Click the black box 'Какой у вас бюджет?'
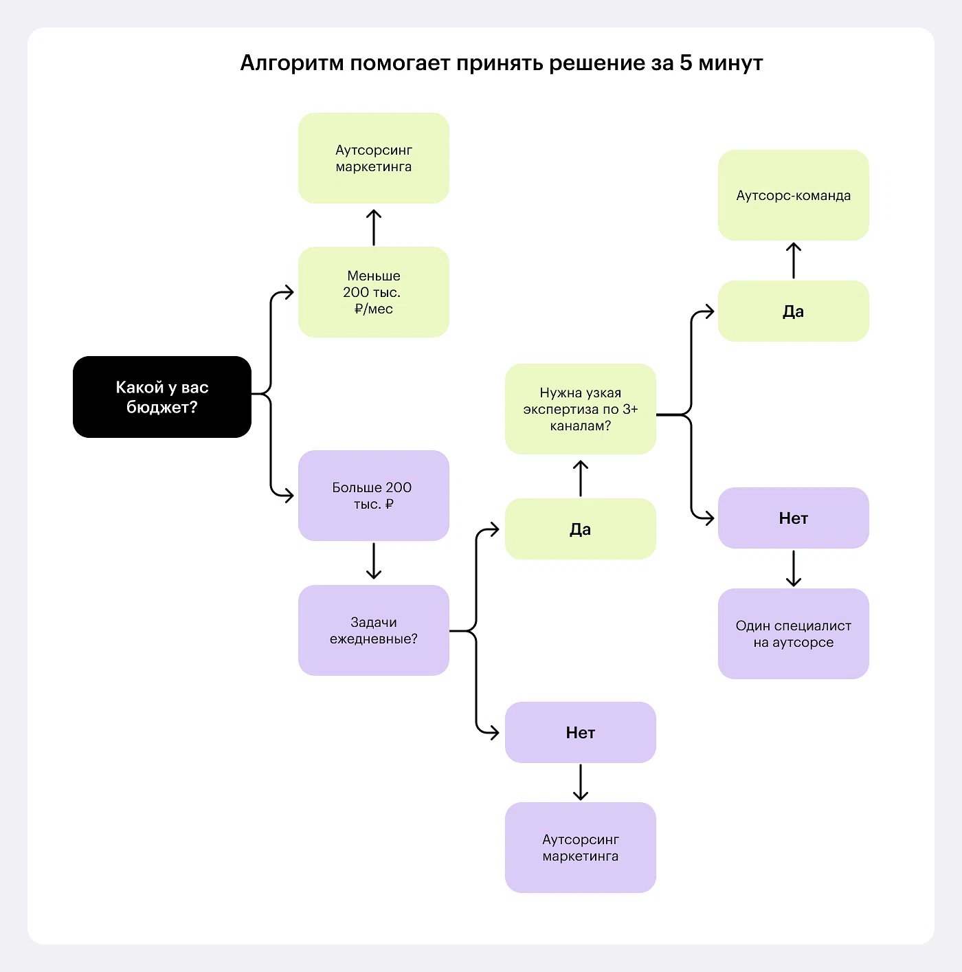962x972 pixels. (x=162, y=397)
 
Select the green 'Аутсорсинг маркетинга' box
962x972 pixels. (x=373, y=158)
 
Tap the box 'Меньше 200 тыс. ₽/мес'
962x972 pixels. (x=373, y=292)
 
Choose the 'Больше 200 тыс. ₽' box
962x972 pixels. (x=373, y=496)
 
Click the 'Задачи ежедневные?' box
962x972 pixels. (x=373, y=630)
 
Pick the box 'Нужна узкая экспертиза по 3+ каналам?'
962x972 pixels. (x=580, y=409)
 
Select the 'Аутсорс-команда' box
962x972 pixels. (x=793, y=195)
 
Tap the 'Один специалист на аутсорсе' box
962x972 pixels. (x=793, y=634)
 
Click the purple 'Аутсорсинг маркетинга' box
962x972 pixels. (x=580, y=848)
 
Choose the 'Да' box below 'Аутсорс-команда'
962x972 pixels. (x=793, y=311)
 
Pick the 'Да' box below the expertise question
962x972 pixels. (x=580, y=529)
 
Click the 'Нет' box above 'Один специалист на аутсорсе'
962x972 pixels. (x=793, y=518)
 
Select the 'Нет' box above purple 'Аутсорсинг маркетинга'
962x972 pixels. (x=580, y=732)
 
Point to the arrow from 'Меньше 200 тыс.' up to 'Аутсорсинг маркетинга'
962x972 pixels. (x=373, y=228)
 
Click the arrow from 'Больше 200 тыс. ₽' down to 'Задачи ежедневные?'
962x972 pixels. (x=373, y=561)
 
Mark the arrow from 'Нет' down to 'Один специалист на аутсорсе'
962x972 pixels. (x=793, y=568)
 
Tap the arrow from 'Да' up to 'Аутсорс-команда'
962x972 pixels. (x=793, y=261)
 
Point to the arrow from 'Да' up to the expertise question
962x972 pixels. (x=580, y=478)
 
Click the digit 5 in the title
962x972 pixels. (x=686, y=63)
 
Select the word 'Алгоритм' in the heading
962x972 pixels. (x=291, y=63)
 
